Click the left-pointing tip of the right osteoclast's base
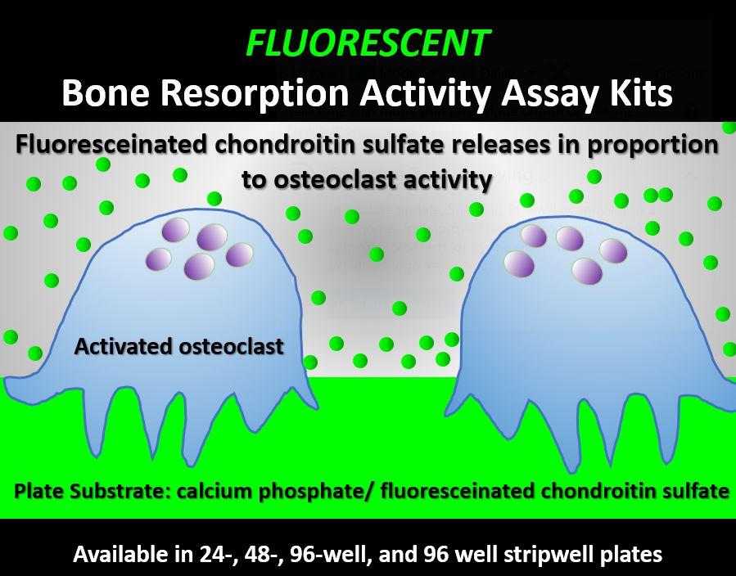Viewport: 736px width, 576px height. (x=446, y=414)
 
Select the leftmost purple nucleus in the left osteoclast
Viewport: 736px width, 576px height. (x=159, y=259)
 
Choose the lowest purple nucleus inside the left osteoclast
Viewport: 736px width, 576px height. (x=200, y=266)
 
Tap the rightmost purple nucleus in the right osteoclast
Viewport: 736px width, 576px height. (x=613, y=250)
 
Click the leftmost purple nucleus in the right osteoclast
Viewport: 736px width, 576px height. (x=519, y=263)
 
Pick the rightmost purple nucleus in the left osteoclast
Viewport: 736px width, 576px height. (x=239, y=254)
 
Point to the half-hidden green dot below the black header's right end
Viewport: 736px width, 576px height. (x=729, y=127)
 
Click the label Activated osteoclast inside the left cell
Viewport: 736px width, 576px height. (x=178, y=347)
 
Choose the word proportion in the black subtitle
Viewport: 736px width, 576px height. (x=653, y=145)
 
